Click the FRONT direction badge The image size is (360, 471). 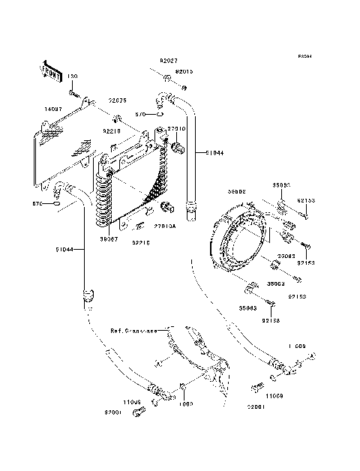click(50, 71)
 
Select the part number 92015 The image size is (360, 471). click(184, 72)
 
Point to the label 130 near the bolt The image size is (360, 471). click(73, 77)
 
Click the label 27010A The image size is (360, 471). click(165, 226)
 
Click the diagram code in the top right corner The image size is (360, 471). click(304, 56)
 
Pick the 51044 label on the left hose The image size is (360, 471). click(64, 250)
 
